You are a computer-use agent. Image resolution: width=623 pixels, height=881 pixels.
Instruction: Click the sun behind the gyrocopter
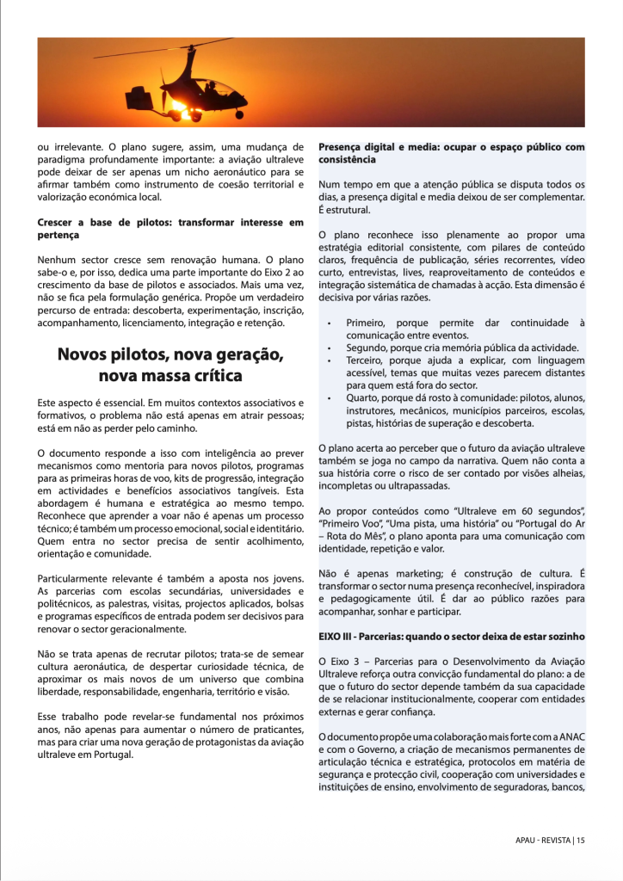181,110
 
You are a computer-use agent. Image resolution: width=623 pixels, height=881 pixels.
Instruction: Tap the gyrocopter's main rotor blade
163,48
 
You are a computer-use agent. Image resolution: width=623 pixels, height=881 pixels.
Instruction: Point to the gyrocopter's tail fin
138,95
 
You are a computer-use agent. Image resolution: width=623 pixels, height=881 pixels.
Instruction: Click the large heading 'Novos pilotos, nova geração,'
170,354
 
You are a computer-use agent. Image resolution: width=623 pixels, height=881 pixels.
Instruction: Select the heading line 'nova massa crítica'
170,376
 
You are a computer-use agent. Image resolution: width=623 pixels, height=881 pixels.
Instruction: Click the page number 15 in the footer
582,841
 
